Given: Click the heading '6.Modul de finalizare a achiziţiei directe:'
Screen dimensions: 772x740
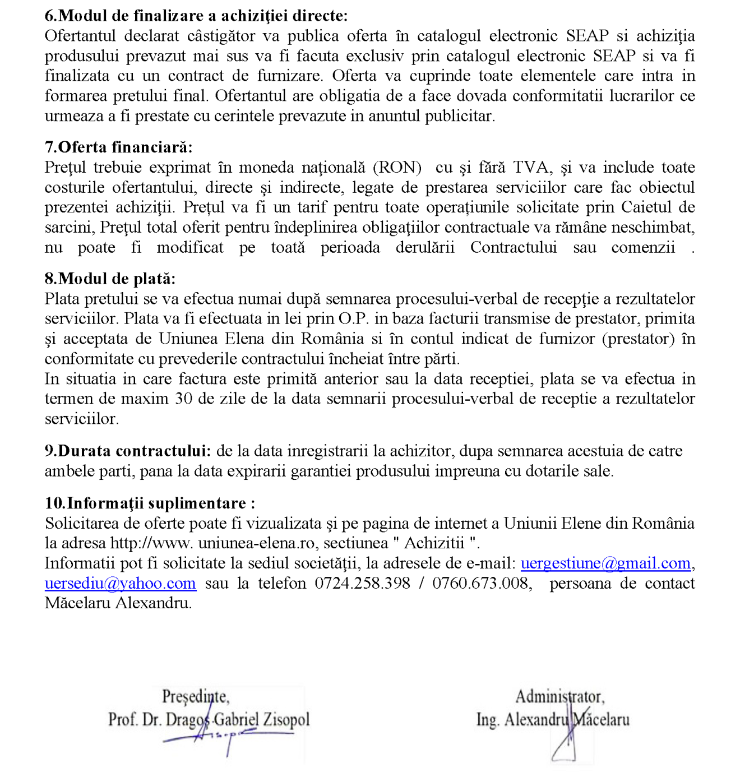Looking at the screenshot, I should click(x=196, y=16).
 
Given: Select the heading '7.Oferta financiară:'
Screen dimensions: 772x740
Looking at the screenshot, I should click(x=118, y=147).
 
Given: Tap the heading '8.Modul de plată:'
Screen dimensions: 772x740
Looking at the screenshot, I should click(x=110, y=279).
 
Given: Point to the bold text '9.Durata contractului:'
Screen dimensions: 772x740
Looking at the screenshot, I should click(x=128, y=451).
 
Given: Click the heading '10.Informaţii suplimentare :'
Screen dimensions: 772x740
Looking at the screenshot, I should click(x=150, y=503).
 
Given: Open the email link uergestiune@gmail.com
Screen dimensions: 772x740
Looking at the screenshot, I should click(x=605, y=563).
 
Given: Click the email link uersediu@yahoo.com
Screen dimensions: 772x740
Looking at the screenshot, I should click(x=121, y=584).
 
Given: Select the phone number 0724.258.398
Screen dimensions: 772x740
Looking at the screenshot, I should click(x=362, y=584).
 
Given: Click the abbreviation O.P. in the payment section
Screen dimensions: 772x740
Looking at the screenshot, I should click(x=353, y=319).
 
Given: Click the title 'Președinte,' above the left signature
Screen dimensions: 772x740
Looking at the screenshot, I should click(x=196, y=696).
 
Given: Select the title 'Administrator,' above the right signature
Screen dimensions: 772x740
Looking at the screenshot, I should click(x=559, y=696).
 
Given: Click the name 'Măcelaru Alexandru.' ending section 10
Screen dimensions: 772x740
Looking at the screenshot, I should click(x=118, y=604).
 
